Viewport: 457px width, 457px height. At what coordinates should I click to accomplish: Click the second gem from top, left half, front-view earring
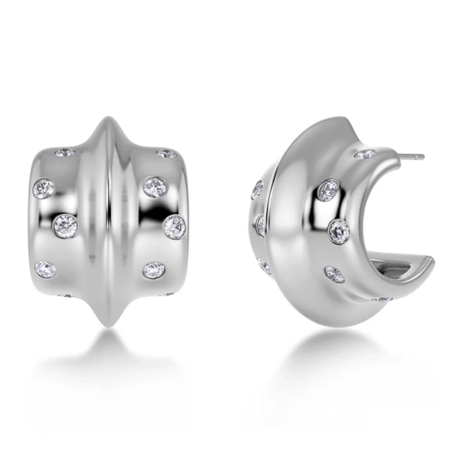coord(43,189)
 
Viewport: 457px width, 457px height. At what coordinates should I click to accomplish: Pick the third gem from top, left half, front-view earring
coord(64,226)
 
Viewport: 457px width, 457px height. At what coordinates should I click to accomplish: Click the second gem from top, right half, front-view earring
coord(154,187)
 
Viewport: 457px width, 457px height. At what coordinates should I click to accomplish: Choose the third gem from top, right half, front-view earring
coord(174,227)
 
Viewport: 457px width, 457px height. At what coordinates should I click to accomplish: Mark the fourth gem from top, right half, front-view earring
coord(153,270)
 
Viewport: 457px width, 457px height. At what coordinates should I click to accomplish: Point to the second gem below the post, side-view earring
coord(328,191)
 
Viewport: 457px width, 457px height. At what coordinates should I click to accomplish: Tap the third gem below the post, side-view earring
coord(339,230)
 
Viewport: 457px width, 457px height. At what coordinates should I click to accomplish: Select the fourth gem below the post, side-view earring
coord(334,273)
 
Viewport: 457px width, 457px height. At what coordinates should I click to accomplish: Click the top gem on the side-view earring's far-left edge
coord(257,190)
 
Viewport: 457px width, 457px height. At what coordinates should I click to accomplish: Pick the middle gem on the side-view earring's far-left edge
coord(260,226)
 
